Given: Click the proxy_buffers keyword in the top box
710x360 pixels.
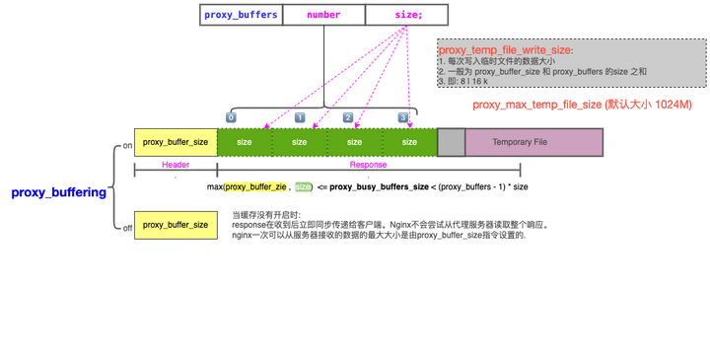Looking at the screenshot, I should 240,15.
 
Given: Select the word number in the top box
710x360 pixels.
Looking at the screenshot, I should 322,15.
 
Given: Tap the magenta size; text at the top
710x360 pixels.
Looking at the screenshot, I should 405,15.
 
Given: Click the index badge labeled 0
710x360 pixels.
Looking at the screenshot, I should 231,117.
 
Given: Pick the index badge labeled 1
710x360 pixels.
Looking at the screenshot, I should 300,117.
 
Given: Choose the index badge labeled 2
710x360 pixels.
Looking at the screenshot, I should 347,117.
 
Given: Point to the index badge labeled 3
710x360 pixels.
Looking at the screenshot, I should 402,117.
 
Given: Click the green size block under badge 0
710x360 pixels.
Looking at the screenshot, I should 245,142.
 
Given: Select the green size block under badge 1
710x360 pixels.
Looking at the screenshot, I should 300,142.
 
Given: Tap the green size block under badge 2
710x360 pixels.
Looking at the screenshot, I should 355,142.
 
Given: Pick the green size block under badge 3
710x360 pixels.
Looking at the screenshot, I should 410,142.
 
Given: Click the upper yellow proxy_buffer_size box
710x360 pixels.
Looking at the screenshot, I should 175,142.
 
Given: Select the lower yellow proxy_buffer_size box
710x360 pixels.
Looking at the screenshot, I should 175,225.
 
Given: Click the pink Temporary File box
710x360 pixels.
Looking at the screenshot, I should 533,142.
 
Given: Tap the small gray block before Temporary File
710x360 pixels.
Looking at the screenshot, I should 451,142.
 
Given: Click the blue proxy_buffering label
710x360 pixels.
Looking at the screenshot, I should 58,192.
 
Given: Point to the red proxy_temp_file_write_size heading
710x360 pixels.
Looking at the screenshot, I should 505,49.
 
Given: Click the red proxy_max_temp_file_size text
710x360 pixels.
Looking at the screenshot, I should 582,104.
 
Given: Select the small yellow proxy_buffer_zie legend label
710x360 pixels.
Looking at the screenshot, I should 256,185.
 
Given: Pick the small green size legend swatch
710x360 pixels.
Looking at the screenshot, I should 303,185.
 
